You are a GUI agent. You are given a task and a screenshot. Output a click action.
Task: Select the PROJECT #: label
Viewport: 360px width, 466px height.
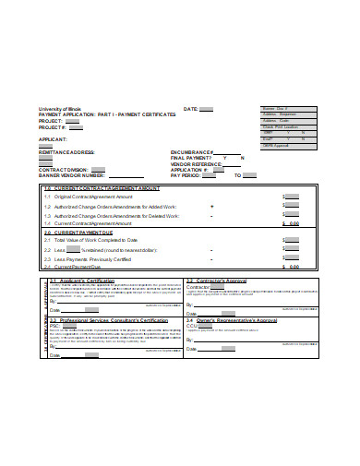pyautogui.click(x=54, y=126)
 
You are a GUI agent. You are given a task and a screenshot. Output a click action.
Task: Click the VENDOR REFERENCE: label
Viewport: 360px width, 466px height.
pyautogui.click(x=197, y=163)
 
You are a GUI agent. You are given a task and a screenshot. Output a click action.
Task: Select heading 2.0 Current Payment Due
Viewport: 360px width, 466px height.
pyautogui.click(x=82, y=233)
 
